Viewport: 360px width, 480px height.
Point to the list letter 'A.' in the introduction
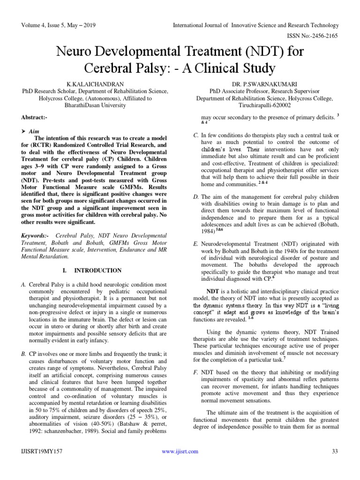[24, 285]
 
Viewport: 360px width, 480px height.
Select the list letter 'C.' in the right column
[196, 135]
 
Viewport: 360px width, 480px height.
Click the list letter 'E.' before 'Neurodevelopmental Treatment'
[196, 244]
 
